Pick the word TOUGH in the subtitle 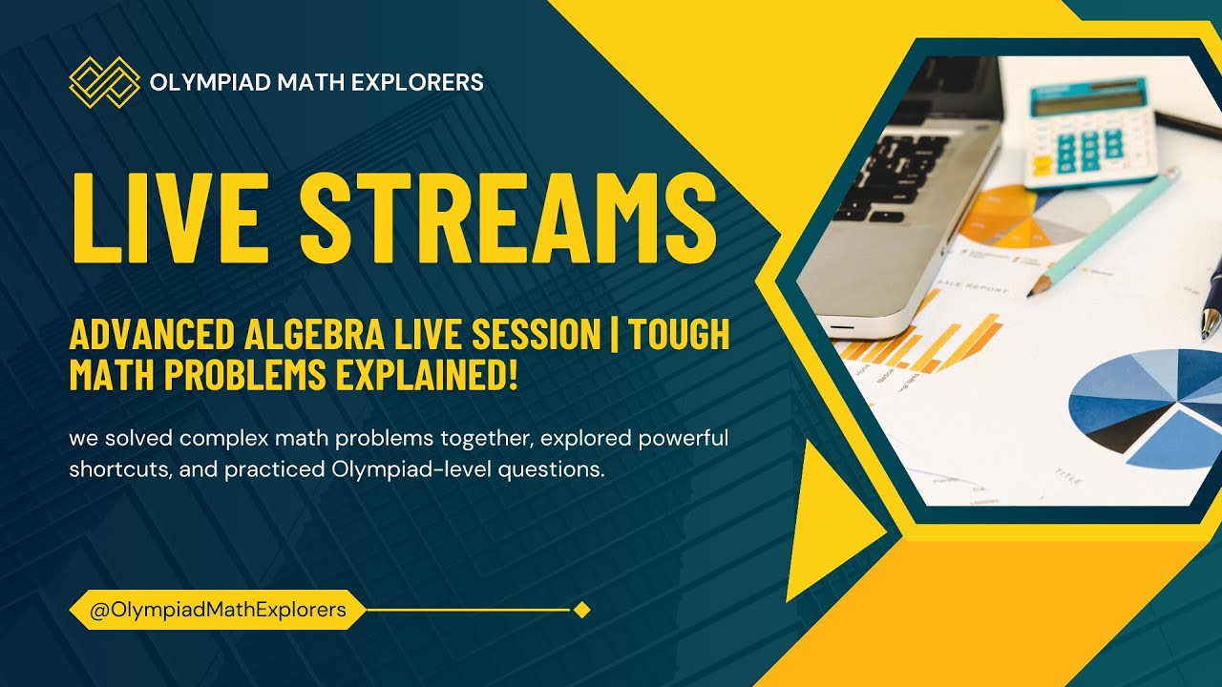click(679, 335)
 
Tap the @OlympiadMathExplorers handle click(218, 609)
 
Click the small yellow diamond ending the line click(581, 609)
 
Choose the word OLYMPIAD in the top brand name click(209, 82)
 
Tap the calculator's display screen click(1088, 100)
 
